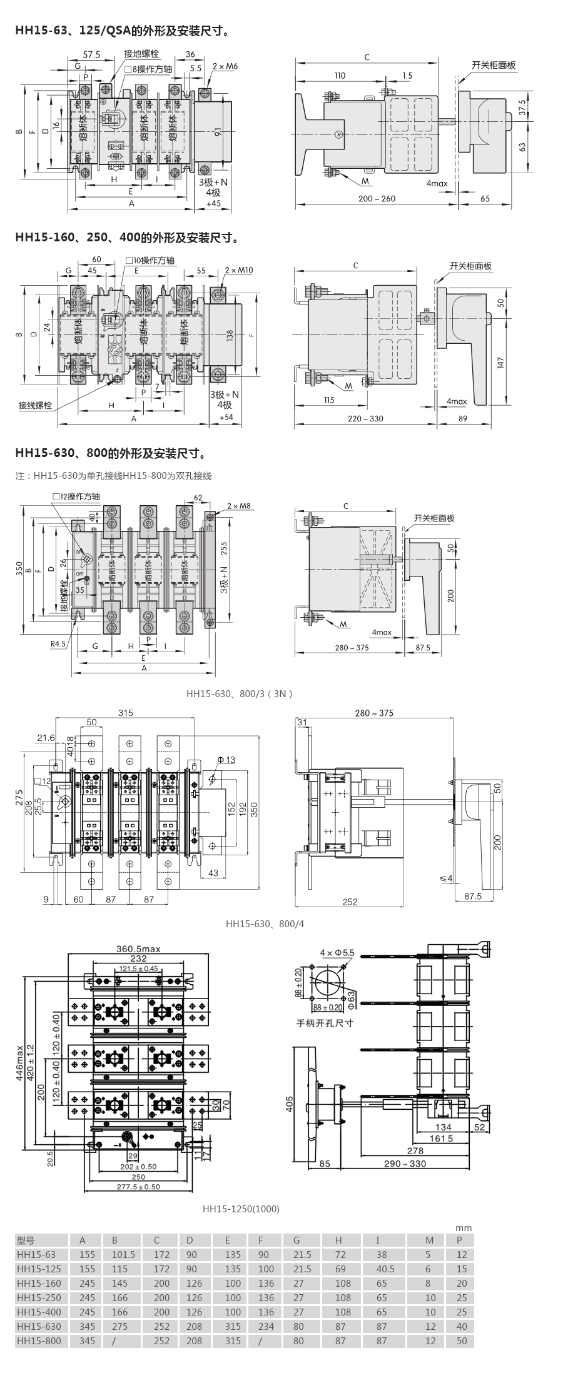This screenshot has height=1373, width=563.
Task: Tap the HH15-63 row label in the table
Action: (36, 1254)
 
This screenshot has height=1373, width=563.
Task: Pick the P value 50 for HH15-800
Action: (462, 1340)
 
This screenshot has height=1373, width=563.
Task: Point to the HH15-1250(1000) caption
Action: (241, 1209)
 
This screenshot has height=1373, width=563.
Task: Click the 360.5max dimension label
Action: (138, 948)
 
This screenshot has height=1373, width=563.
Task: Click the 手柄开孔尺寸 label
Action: (325, 1023)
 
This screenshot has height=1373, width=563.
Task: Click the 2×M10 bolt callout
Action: (238, 270)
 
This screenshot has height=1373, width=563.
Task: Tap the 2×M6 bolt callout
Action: (225, 66)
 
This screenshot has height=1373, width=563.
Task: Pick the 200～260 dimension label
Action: (377, 199)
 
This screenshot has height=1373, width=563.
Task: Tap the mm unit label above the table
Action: (464, 1227)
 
